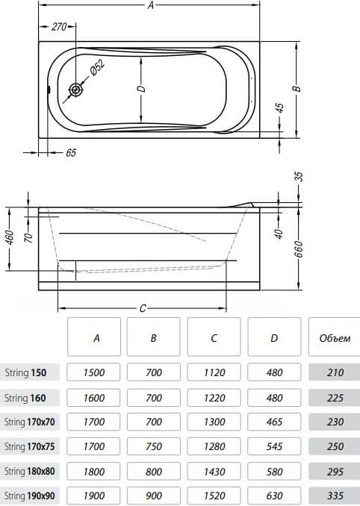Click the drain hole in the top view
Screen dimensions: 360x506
point(76,90)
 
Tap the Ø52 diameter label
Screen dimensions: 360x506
point(97,68)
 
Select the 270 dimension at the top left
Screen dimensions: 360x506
point(58,26)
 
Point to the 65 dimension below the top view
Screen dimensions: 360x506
point(71,152)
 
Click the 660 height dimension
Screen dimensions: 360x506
point(299,249)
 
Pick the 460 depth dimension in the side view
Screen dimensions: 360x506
point(10,237)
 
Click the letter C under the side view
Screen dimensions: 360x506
point(143,308)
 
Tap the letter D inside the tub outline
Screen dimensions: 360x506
point(142,88)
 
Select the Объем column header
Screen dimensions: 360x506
point(335,338)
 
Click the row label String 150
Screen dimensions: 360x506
point(25,372)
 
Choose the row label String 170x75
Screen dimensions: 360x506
point(29,446)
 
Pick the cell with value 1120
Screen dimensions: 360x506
point(214,372)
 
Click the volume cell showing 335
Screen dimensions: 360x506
point(335,496)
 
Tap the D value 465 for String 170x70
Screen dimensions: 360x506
point(274,422)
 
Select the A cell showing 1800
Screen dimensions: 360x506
point(93,472)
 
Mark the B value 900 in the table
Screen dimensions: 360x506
point(153,496)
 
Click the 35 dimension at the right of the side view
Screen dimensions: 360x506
point(299,177)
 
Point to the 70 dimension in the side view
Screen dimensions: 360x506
point(28,238)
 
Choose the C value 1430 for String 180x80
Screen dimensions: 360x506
point(214,472)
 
